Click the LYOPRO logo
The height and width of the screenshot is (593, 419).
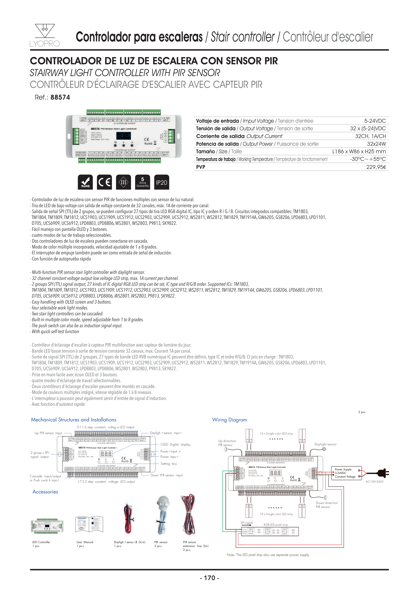[45, 35]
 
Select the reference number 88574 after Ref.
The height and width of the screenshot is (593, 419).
[60, 97]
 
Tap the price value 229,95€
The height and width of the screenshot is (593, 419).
[376, 167]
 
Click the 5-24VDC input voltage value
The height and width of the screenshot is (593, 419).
[375, 121]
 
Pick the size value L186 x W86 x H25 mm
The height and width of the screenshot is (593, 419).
[359, 152]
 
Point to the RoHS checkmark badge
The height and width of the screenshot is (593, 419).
[85, 182]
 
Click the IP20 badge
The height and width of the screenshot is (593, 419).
[162, 182]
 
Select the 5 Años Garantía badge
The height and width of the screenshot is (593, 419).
[142, 182]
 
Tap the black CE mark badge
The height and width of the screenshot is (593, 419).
[105, 182]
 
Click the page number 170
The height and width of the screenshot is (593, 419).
[209, 578]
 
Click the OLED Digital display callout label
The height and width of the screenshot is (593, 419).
[176, 444]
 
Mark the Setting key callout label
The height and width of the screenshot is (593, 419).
[169, 464]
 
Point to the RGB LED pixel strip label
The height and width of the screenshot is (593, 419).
[276, 524]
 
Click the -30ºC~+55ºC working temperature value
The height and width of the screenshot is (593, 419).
[368, 159]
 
